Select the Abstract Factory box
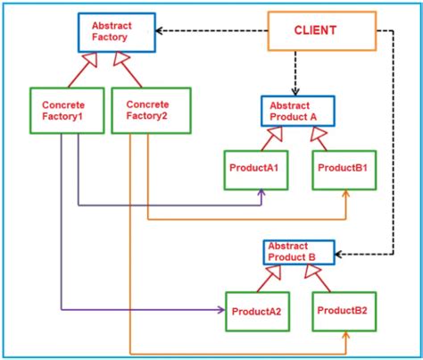pos(115,31)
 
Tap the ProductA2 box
pos(257,311)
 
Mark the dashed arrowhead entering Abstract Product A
pos(295,91)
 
